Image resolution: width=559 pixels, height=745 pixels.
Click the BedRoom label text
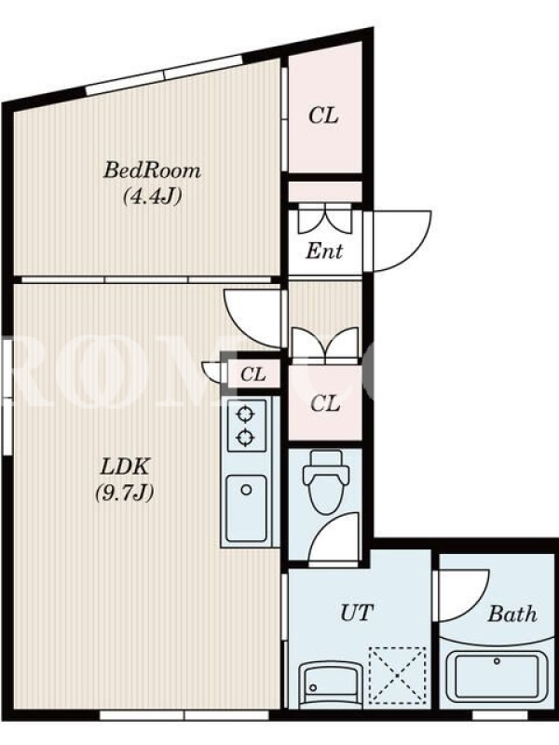(152, 170)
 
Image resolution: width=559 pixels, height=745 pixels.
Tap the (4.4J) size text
(152, 196)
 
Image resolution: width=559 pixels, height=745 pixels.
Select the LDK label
(125, 467)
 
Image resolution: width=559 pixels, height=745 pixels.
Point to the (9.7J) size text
(125, 493)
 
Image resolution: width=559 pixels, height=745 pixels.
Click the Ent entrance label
(323, 251)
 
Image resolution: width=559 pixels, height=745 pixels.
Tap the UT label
(357, 613)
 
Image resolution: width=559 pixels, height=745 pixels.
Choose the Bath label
(511, 614)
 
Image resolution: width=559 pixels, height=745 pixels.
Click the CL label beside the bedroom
(323, 115)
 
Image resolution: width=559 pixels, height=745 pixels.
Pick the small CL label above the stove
(252, 374)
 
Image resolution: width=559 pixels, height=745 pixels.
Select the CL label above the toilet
(325, 404)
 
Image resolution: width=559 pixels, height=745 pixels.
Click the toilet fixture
(325, 481)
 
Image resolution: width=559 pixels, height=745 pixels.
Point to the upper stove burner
(246, 414)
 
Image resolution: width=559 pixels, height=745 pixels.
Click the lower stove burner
(246, 437)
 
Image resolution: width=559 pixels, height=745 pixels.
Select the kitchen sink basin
(246, 508)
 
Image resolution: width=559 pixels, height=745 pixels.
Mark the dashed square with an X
(398, 674)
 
